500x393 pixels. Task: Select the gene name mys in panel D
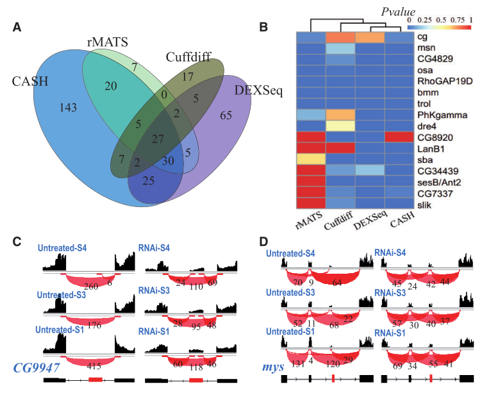[273, 367]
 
